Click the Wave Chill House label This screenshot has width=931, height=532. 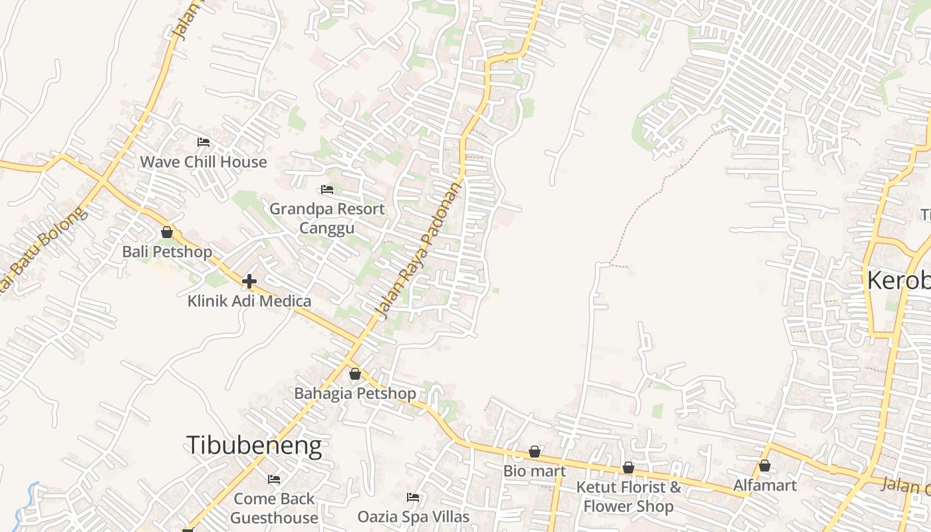(x=203, y=162)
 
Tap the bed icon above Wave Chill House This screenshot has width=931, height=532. (x=203, y=142)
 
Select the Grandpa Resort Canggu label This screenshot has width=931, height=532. (x=327, y=218)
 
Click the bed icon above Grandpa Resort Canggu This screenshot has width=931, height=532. (x=327, y=190)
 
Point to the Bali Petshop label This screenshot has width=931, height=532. (x=167, y=251)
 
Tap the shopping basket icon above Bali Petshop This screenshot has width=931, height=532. (x=167, y=232)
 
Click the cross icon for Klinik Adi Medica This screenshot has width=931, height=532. (x=249, y=281)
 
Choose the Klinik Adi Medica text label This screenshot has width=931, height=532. (x=249, y=301)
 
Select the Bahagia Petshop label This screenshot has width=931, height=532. (x=355, y=393)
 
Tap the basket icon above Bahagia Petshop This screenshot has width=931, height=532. (x=355, y=374)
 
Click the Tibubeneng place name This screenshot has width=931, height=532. (x=254, y=445)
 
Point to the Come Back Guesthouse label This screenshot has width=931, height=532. (x=274, y=507)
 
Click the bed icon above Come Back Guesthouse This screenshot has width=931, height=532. (x=274, y=479)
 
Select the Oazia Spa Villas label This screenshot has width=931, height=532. (x=413, y=516)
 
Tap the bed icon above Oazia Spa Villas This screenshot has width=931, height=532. (x=413, y=497)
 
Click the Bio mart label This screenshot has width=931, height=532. (x=535, y=471)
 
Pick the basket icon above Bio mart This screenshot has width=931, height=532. (x=535, y=452)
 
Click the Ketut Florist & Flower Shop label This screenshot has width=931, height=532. (x=628, y=497)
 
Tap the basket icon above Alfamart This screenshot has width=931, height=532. (x=765, y=465)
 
